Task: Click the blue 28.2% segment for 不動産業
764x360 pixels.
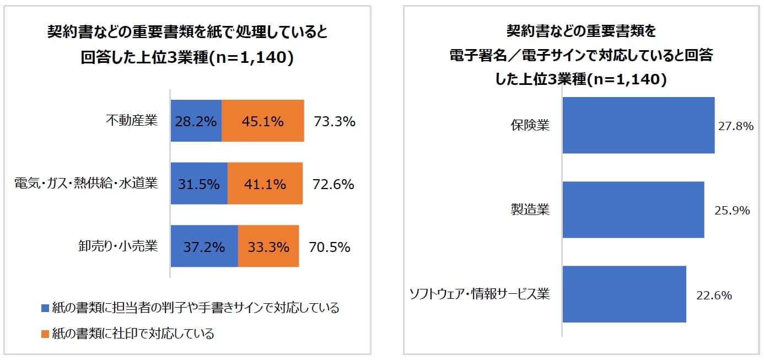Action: [196, 120]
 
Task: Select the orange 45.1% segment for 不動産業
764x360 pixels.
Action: [262, 120]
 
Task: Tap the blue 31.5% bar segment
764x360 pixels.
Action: [199, 183]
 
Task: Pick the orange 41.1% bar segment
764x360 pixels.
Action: [265, 183]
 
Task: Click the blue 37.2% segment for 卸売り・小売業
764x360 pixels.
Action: [205, 246]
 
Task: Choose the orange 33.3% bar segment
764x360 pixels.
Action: [268, 246]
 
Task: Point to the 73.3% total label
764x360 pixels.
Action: [334, 121]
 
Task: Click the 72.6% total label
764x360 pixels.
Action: [333, 184]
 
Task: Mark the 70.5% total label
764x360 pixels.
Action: [330, 247]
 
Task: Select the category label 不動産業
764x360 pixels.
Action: [132, 120]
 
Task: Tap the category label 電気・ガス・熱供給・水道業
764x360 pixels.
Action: [86, 183]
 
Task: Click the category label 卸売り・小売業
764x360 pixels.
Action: [118, 246]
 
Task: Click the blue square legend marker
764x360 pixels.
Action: [45, 308]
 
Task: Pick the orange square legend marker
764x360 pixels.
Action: [45, 334]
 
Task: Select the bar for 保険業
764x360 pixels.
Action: [638, 125]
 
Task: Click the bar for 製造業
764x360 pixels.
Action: [633, 209]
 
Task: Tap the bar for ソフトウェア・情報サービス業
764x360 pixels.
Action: [625, 294]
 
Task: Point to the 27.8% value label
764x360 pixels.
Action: [736, 126]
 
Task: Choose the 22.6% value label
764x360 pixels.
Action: [714, 295]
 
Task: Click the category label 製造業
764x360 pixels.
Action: [530, 209]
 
